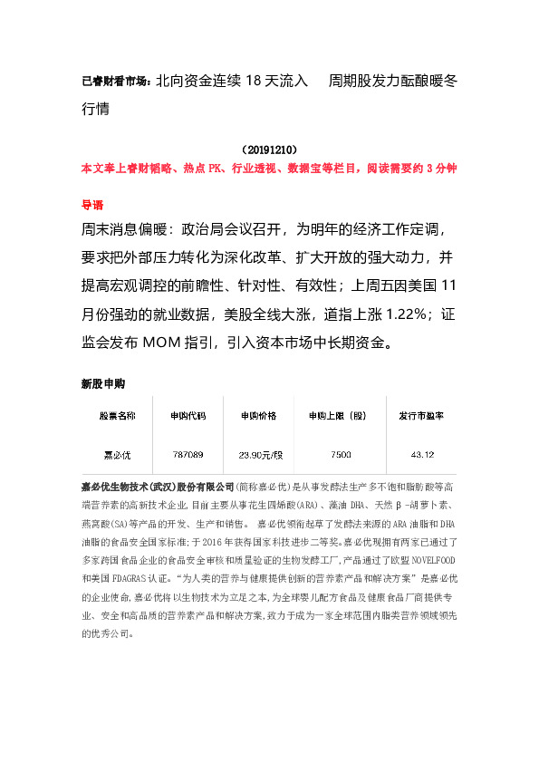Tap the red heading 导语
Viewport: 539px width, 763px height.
92,205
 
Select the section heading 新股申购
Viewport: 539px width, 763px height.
103,383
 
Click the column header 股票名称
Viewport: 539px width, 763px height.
117,416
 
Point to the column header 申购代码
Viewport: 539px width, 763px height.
188,416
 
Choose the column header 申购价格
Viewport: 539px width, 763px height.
262,416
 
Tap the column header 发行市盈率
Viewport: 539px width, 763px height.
422,416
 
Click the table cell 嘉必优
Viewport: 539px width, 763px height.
117,453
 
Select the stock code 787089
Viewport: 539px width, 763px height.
188,453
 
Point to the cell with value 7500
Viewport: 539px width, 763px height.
342,453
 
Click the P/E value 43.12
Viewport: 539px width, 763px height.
422,453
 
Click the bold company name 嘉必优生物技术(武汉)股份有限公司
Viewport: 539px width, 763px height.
158,487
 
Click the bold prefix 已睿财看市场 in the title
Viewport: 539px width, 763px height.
116,82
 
